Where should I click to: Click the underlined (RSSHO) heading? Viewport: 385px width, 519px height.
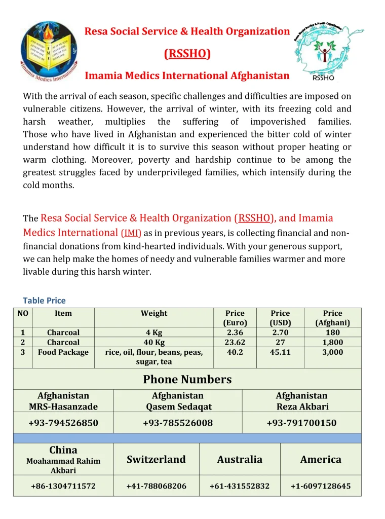pos(187,54)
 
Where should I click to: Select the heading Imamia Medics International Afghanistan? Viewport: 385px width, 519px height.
pos(186,76)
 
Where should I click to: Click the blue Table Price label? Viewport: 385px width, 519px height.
pos(44,301)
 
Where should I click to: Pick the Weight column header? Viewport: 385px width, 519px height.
pos(154,313)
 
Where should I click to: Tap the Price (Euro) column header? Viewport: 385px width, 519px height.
pos(235,318)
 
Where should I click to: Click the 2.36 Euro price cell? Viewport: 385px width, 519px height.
pos(235,332)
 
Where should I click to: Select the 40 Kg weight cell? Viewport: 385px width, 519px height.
pos(154,342)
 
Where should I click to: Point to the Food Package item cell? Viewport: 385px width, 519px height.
pos(63,352)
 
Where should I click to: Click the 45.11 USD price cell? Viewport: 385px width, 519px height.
pos(280,352)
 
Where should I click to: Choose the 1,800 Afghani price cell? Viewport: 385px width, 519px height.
pos(332,342)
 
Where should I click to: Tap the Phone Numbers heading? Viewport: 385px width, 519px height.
pos(187,379)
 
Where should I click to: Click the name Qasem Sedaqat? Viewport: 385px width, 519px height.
pos(178,406)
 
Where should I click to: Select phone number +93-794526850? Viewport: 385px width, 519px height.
pos(63,423)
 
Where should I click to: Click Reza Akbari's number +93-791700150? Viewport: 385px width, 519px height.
pos(301,423)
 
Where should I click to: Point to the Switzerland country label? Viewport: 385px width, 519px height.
pos(156,460)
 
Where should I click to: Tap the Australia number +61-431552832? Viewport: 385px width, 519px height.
pos(240,486)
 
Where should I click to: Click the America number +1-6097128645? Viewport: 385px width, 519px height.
pos(321,486)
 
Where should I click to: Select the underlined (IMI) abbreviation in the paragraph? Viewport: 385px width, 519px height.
pos(131,234)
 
